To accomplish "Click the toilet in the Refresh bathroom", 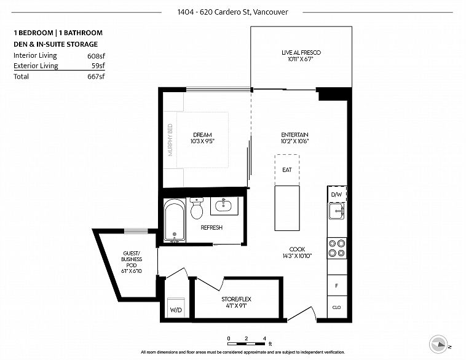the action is click(197, 208).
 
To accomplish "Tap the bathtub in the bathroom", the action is click(175, 221).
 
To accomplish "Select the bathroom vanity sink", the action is click(224, 205).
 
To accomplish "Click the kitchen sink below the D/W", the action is click(337, 211).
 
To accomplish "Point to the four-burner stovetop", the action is click(337, 248).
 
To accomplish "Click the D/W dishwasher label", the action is click(336, 195).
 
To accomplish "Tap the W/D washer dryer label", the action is click(176, 310).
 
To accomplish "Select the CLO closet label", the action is click(336, 307).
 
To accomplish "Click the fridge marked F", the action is click(337, 286).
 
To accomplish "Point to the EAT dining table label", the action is click(287, 170).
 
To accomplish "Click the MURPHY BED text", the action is click(170, 140).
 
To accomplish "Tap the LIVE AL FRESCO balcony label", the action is click(301, 53).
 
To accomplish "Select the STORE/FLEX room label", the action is click(236, 299).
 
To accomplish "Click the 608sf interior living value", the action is click(97, 56).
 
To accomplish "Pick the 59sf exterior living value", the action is click(98, 66).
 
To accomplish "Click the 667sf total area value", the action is click(97, 76).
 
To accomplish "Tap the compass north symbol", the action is click(439, 344).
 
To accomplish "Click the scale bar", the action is click(247, 343).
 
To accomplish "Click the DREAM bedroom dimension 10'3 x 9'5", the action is click(202, 141).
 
